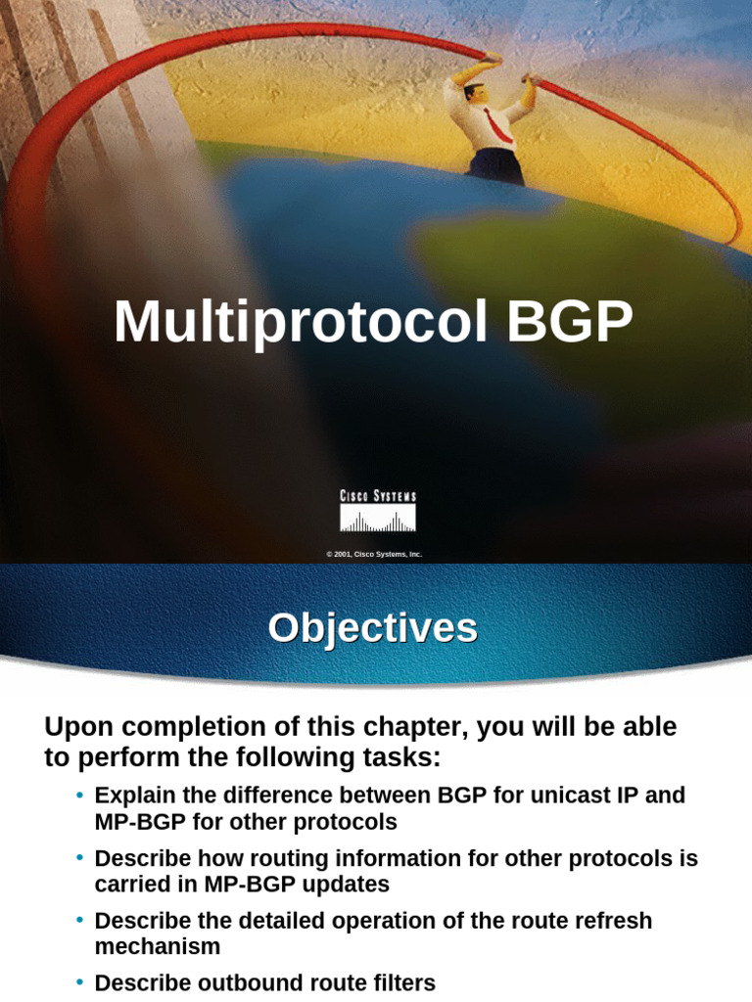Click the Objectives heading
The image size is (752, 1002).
point(373,627)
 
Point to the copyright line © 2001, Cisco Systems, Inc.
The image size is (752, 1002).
point(375,554)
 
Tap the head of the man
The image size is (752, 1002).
point(476,93)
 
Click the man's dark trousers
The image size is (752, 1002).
point(495,164)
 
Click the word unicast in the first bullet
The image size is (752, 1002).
point(582,795)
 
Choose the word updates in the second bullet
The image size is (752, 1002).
point(347,884)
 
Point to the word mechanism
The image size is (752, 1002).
point(158,946)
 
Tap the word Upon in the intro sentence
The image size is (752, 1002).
point(77,727)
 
